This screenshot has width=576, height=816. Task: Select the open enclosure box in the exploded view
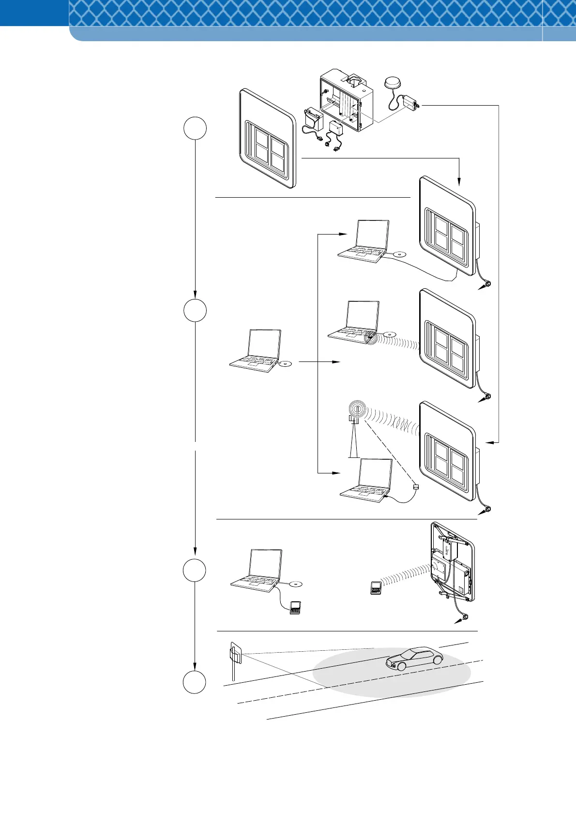click(x=347, y=102)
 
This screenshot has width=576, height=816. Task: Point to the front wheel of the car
click(x=401, y=666)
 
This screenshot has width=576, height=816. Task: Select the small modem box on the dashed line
click(x=415, y=486)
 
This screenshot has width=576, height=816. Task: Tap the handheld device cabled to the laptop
click(x=294, y=608)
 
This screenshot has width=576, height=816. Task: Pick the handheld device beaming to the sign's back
click(x=375, y=588)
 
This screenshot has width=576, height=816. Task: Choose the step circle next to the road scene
click(x=195, y=683)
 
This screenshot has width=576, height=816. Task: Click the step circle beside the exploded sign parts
click(x=195, y=129)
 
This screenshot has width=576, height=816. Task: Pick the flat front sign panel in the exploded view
click(x=268, y=139)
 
